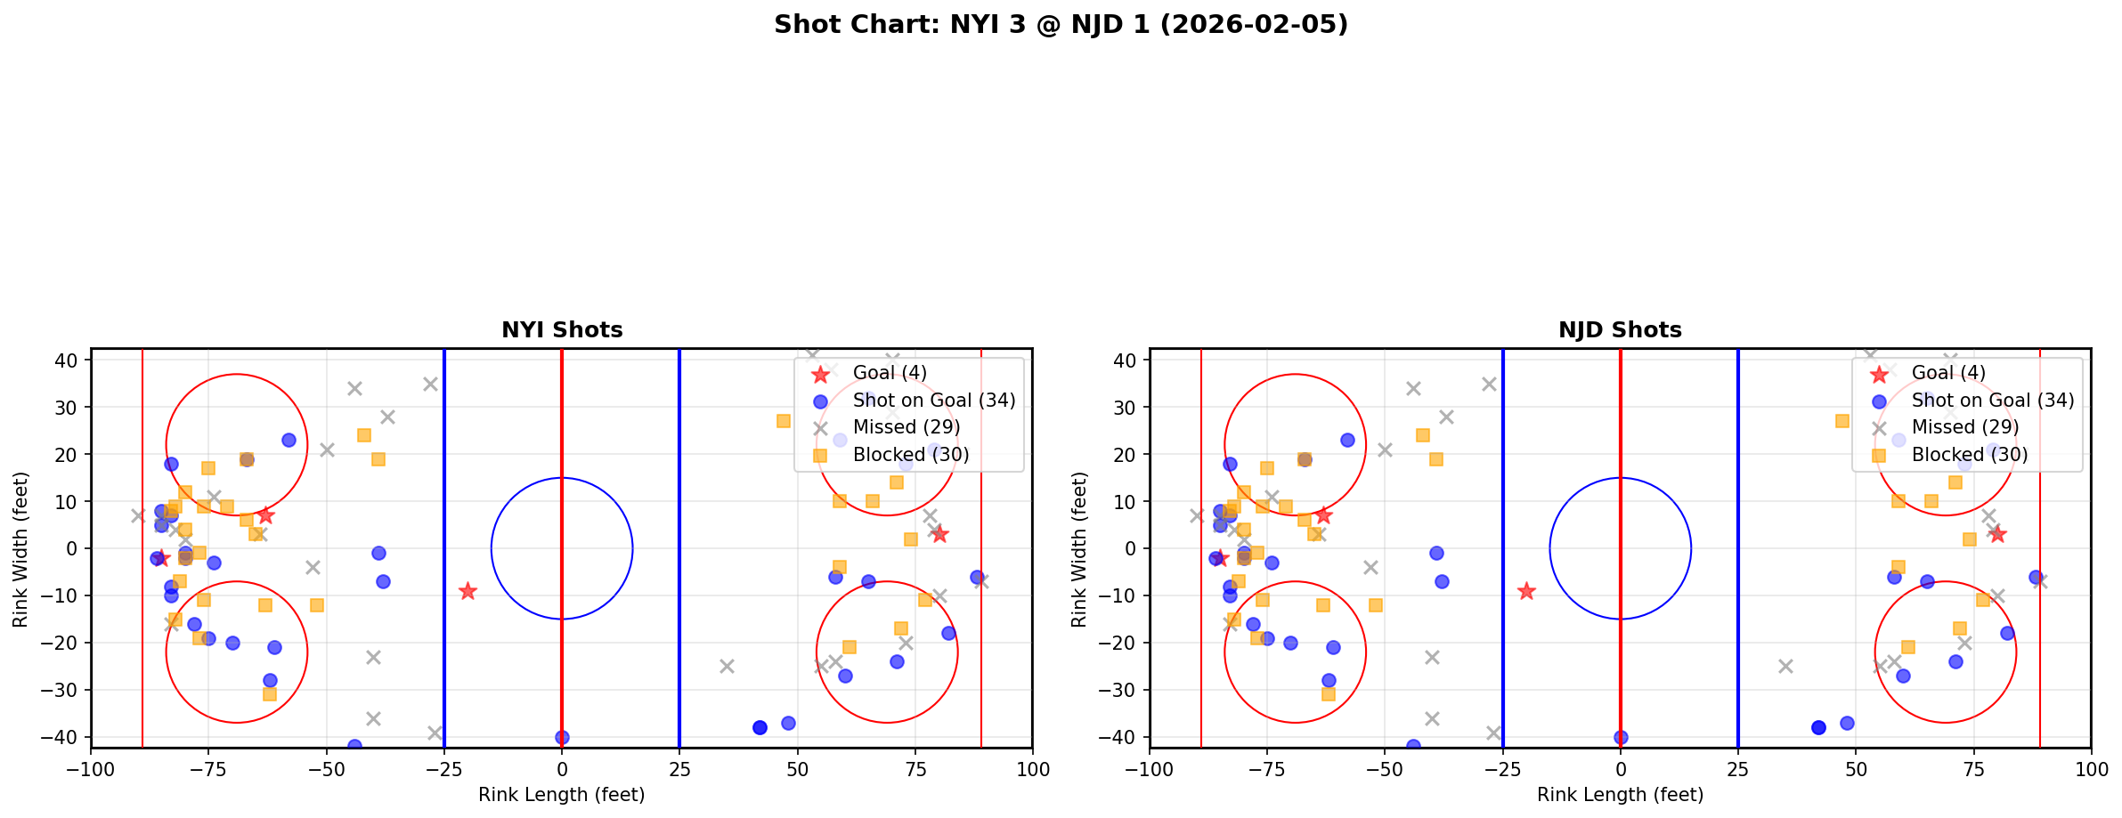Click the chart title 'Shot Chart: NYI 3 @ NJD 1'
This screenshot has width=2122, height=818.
1061,24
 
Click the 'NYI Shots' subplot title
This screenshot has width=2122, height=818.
562,330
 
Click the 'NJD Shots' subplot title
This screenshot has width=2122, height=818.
1620,330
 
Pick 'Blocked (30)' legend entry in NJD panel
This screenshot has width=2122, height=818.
1970,455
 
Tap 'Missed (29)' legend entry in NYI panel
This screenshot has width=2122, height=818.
906,427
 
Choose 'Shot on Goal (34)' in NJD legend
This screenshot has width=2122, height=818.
1993,401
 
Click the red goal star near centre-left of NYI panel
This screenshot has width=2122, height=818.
467,591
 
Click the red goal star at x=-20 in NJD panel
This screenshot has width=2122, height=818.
1526,591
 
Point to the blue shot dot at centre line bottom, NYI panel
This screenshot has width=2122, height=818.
562,737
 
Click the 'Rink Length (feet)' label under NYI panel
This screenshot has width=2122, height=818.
562,795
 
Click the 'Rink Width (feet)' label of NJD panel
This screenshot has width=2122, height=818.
1079,549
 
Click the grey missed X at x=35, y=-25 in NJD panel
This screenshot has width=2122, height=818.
1785,666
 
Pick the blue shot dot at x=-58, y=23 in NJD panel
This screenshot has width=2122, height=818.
1347,440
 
